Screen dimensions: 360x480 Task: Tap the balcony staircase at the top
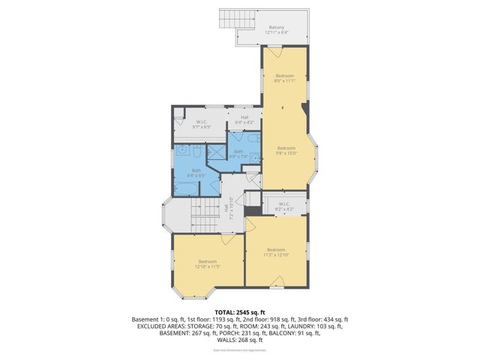228,18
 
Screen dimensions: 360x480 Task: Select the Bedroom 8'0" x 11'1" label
284,79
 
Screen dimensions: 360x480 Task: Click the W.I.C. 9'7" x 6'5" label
201,125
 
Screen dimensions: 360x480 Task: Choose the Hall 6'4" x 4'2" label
245,118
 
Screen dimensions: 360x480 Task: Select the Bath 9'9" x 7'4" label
238,154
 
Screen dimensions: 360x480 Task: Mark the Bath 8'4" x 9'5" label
196,172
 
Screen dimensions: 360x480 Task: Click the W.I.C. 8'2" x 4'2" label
284,205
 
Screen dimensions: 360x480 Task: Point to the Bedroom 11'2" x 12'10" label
275,252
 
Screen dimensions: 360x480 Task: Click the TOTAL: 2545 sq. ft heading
239,312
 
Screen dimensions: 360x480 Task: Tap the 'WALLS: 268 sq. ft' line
240,341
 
